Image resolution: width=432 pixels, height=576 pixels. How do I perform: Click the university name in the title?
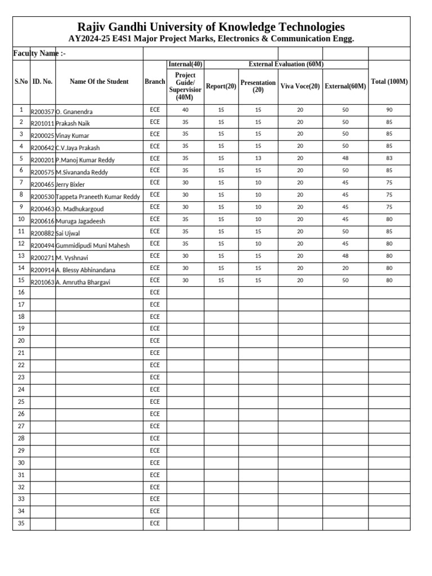point(211,27)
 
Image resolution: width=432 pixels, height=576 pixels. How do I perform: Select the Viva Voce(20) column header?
point(300,86)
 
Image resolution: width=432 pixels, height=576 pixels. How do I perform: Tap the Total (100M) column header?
point(389,82)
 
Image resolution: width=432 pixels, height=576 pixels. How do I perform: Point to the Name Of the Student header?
point(99,82)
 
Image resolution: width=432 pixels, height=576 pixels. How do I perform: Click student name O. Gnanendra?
point(74,111)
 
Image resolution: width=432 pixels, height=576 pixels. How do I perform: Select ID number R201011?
point(42,123)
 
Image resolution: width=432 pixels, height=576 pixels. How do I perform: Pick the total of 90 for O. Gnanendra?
point(389,110)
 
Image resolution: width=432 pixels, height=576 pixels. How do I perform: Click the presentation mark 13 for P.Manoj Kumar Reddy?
point(258,158)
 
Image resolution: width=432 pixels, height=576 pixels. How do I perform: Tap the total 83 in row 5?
point(389,158)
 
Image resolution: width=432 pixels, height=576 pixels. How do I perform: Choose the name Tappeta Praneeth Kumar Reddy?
point(98,196)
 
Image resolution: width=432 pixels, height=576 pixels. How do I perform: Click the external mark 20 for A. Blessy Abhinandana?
point(345,268)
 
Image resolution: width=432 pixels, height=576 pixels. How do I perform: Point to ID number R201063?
point(42,282)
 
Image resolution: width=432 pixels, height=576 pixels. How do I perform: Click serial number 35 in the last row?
point(21,523)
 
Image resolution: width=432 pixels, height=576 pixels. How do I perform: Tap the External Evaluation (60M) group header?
point(286,64)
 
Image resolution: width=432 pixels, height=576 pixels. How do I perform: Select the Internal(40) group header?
point(185,64)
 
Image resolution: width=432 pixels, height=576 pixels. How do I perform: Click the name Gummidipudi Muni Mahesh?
point(93,245)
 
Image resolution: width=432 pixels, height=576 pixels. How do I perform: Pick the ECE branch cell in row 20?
point(155,340)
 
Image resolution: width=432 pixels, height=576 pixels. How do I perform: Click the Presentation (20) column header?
point(258,86)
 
